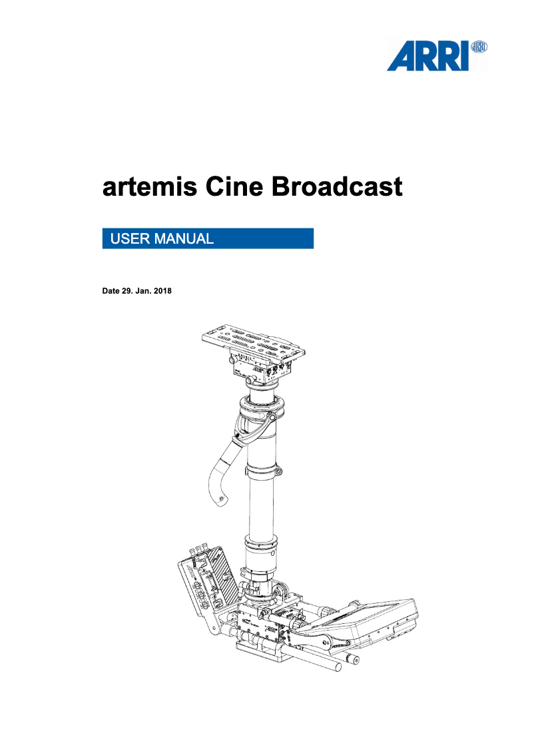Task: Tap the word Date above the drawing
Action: pyautogui.click(x=110, y=291)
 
